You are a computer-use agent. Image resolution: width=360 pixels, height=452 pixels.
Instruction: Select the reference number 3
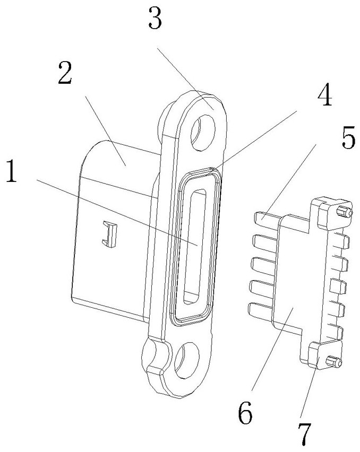click(155, 18)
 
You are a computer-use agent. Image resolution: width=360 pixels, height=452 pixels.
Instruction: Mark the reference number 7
click(305, 434)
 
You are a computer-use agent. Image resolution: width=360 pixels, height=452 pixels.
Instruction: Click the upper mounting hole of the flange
click(203, 133)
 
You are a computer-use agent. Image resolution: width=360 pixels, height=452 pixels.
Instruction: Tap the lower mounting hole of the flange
click(187, 360)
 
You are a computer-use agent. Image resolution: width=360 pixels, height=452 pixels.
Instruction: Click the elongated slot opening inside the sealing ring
click(195, 247)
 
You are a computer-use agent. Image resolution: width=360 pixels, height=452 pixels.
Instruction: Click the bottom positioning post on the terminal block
click(334, 361)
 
